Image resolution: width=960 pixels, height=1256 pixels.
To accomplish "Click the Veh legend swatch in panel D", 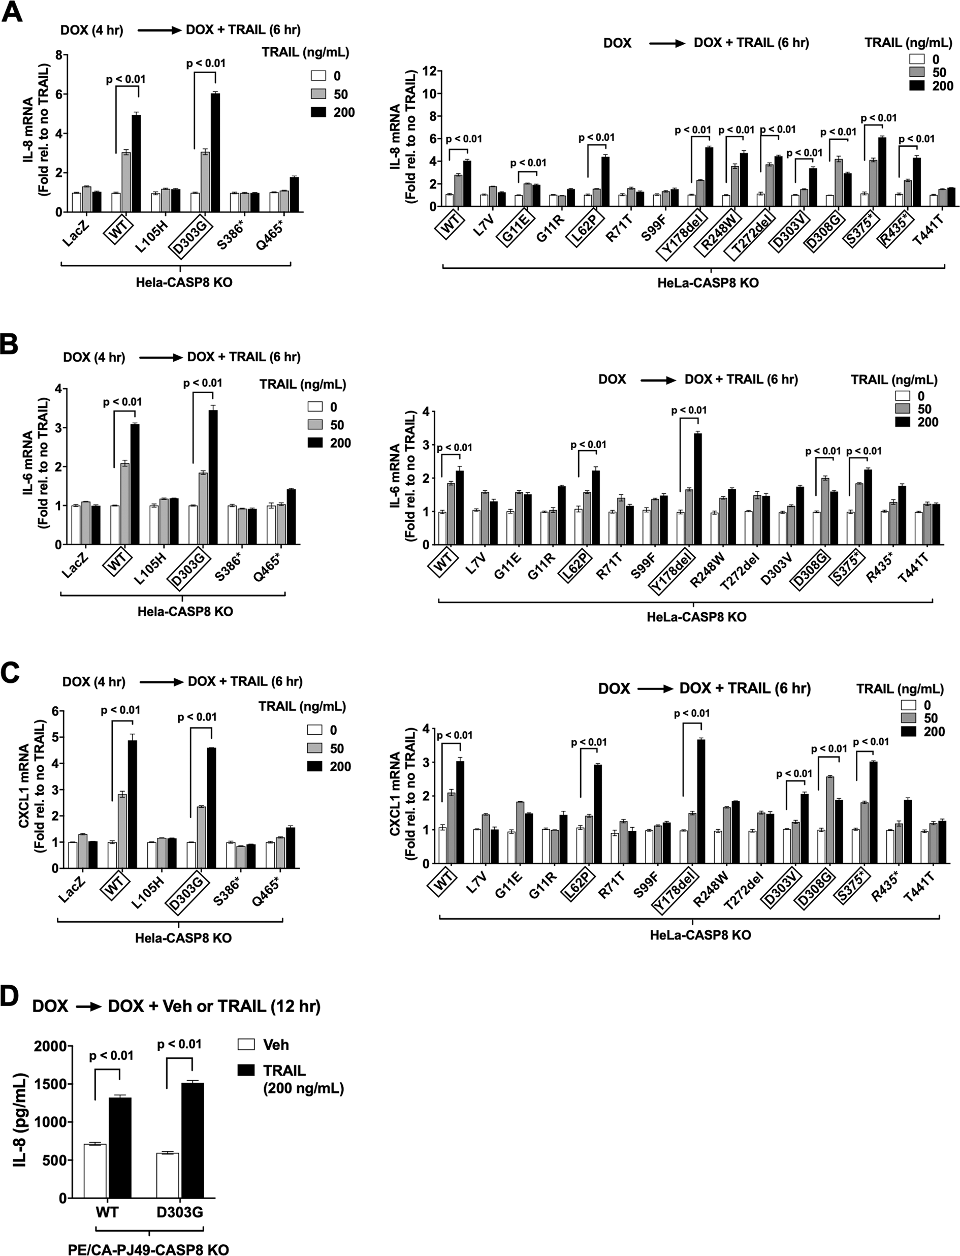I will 246,1045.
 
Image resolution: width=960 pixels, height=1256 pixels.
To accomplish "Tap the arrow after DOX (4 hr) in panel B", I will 159,357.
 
